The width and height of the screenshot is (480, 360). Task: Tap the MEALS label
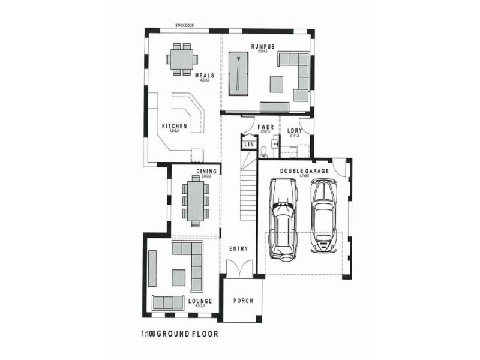205,76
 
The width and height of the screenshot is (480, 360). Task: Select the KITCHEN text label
175,126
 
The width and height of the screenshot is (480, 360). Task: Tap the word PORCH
243,301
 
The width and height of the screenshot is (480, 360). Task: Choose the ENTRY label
238,248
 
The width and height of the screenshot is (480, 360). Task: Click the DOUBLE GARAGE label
304,171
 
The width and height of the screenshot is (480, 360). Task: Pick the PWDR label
266,127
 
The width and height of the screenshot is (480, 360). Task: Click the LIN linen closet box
248,145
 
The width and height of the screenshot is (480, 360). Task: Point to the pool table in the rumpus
240,72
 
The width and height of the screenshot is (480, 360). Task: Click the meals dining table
181,59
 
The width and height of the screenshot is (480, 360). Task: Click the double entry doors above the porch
238,268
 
